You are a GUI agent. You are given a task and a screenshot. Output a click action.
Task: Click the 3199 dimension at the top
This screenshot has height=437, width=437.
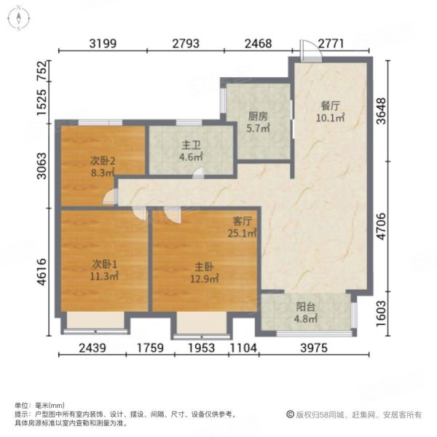click(103, 44)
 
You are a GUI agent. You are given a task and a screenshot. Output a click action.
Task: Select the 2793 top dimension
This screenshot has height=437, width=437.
click(186, 44)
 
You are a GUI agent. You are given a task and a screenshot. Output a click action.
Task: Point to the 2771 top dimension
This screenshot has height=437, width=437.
click(336, 44)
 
